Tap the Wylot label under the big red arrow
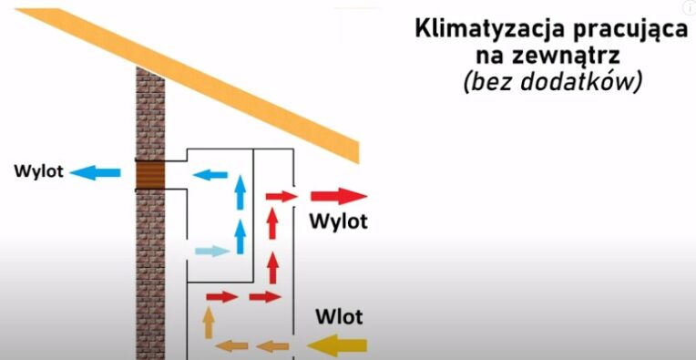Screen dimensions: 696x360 click(x=337, y=221)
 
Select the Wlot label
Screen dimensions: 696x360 click(x=339, y=317)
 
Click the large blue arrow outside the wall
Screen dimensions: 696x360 click(x=96, y=171)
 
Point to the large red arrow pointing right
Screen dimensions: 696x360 click(x=338, y=196)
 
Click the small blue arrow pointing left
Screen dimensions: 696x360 click(x=210, y=174)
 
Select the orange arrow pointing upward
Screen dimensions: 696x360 click(x=208, y=322)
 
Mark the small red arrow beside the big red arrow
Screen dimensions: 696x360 click(x=281, y=196)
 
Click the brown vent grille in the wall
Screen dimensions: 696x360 click(x=151, y=173)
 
